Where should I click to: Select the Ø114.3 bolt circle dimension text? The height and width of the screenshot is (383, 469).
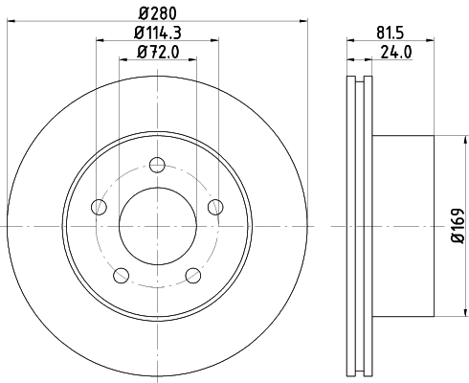[158, 34]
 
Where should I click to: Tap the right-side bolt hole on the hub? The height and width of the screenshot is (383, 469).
[215, 206]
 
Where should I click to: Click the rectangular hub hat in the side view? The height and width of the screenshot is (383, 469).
[402, 225]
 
